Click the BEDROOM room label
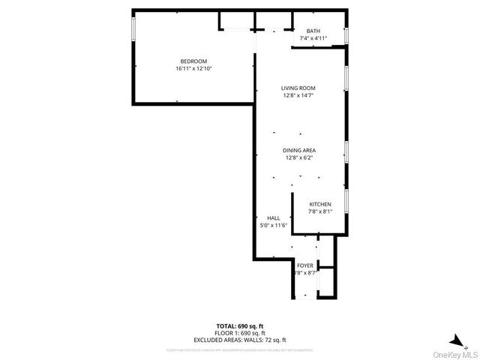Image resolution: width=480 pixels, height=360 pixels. (193, 61)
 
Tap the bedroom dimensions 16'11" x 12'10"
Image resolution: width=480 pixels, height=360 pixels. (193, 68)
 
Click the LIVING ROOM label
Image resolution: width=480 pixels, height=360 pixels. (298, 88)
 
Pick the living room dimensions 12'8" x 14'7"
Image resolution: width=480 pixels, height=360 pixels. (298, 95)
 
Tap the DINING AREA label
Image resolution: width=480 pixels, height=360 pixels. (298, 150)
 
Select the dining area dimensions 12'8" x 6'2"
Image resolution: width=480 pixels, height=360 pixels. (298, 157)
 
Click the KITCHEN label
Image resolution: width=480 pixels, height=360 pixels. (321, 204)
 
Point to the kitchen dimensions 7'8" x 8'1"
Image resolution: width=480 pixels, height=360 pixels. (321, 211)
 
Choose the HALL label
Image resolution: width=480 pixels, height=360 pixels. (274, 217)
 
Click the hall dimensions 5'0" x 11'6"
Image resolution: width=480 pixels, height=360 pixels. (274, 225)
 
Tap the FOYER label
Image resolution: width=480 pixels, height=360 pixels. (305, 265)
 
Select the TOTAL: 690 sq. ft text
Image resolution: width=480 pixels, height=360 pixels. (240, 325)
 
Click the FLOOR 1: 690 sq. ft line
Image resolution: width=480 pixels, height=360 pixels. (240, 331)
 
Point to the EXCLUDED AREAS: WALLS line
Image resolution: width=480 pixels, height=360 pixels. (240, 338)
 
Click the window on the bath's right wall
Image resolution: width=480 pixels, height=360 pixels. (346, 35)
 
